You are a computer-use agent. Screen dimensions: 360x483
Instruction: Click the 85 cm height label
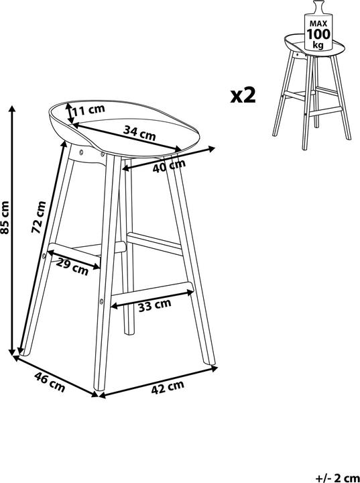5,217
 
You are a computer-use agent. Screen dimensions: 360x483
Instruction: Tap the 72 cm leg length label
39,217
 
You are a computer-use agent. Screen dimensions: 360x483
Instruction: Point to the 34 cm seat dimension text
139,133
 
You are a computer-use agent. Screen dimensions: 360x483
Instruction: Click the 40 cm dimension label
169,166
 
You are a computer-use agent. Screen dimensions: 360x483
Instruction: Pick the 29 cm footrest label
72,268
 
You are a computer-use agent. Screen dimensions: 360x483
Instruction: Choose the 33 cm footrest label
155,305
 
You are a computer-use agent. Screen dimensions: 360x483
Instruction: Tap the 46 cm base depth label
50,382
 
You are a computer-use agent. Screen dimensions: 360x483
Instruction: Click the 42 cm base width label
168,387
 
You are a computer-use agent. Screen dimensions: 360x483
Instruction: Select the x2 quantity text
243,95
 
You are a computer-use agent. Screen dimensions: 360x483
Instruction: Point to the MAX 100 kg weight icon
318,25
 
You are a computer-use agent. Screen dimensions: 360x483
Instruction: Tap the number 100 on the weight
318,34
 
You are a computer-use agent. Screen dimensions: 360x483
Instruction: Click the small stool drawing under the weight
312,92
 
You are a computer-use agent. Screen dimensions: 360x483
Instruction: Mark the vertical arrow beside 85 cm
12,230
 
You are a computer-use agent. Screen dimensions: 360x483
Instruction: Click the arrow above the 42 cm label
158,381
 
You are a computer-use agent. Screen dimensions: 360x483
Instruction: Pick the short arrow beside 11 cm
70,113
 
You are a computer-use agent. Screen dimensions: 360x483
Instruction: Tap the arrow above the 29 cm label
74,259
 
